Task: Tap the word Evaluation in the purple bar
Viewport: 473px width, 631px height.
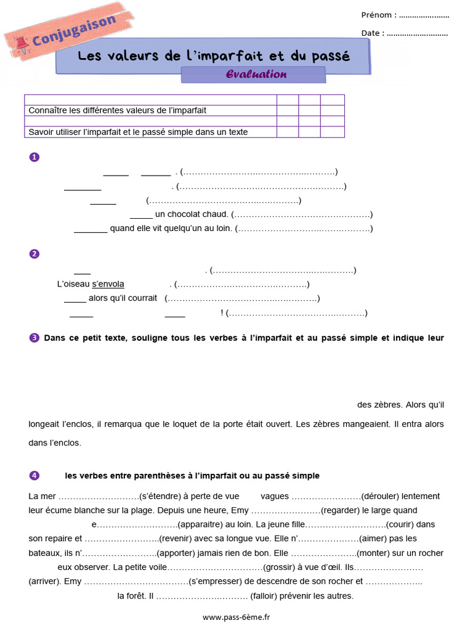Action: [x=256, y=75]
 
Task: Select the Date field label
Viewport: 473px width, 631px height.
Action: [x=373, y=33]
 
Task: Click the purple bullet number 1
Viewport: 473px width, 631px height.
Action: [x=34, y=157]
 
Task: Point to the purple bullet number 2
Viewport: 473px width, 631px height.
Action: [x=34, y=254]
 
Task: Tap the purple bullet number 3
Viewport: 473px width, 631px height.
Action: [x=34, y=338]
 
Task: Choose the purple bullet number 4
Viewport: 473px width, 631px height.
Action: [x=34, y=476]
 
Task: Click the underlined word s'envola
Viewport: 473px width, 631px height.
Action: [x=108, y=284]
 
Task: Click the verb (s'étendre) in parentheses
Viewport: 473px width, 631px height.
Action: [x=163, y=496]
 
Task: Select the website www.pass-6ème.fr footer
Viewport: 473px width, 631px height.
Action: [x=236, y=617]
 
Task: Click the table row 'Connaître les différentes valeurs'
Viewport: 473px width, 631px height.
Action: [x=118, y=110]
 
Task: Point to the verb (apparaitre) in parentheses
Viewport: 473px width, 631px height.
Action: [x=198, y=524]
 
